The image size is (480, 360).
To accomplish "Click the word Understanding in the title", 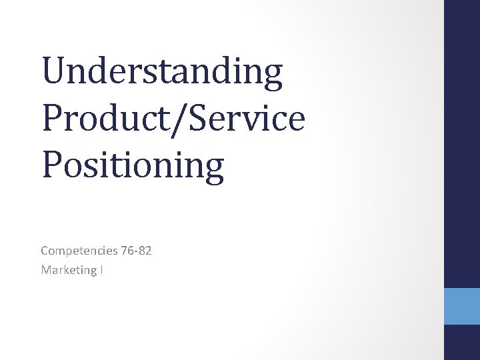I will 161,74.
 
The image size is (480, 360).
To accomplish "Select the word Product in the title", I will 97,119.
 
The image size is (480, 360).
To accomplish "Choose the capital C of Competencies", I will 44,251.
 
